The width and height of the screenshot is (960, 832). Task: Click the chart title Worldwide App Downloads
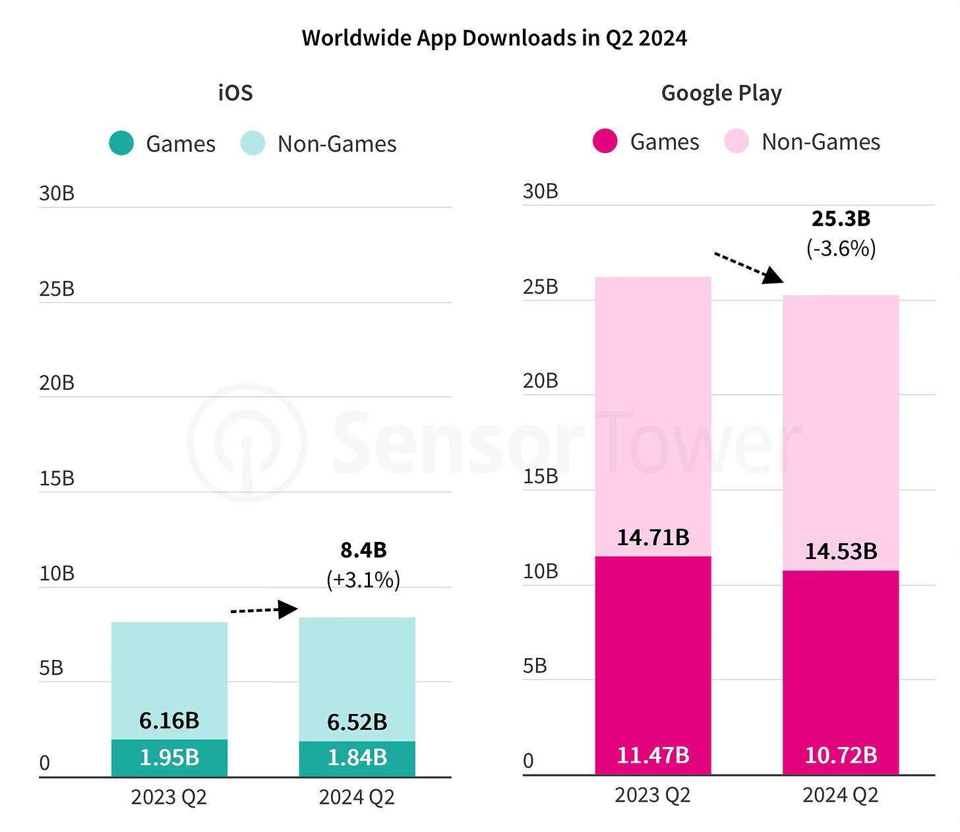point(494,38)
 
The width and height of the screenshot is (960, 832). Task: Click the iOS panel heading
point(235,92)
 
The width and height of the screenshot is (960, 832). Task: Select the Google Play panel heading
point(721,92)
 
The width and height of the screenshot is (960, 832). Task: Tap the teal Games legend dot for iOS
point(121,143)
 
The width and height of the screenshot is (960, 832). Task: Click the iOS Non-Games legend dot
point(253,143)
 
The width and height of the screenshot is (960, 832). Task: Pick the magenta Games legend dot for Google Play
point(605,141)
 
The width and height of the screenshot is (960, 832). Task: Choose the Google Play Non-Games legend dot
point(736,141)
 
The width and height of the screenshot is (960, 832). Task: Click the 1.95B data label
point(169,758)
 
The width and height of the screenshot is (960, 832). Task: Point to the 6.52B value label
point(357,722)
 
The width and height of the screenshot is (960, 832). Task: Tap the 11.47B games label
point(653,755)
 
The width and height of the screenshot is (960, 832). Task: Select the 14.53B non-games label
point(841,551)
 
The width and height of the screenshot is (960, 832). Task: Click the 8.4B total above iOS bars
point(363,550)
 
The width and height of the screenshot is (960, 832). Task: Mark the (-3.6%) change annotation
point(841,249)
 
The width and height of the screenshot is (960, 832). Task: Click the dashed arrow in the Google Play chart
point(749,267)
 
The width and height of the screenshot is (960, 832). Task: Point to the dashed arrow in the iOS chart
point(264,610)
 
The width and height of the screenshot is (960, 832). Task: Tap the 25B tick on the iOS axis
point(57,289)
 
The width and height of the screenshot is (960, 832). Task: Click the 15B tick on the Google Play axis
point(541,476)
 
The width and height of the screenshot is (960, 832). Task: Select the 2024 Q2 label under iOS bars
point(357,797)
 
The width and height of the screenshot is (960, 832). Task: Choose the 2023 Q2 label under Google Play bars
point(653,795)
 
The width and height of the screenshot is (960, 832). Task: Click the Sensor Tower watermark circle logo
point(247,442)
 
